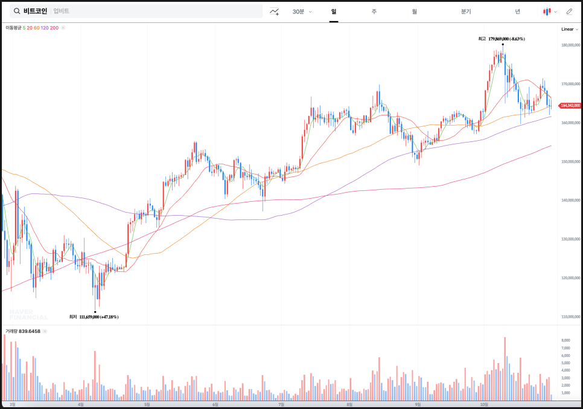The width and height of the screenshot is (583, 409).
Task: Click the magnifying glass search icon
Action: coord(16,11)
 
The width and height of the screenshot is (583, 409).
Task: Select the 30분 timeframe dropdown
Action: coord(301,11)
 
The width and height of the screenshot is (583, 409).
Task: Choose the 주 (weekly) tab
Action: coord(374,11)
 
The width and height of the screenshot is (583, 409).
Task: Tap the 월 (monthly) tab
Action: coord(415,11)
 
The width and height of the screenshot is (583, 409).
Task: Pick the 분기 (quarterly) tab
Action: coord(466,11)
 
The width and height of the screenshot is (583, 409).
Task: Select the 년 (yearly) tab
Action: coord(517,11)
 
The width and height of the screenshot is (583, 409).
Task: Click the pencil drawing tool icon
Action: coord(569,11)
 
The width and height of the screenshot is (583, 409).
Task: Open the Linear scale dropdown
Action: coord(569,29)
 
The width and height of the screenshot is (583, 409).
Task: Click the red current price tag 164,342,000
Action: coord(570,105)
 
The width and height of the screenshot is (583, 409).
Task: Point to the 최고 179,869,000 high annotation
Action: coord(501,39)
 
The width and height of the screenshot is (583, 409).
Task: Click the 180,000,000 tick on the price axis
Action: coord(570,45)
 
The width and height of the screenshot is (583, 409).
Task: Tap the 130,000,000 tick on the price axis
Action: coord(570,239)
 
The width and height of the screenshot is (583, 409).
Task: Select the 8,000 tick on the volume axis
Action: coord(566,340)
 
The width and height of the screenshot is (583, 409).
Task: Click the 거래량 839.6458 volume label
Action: coord(23,331)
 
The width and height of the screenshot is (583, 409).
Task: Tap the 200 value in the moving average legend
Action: coord(54,28)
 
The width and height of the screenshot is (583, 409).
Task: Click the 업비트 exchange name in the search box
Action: coord(61,11)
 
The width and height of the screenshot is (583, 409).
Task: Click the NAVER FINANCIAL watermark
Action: coord(28,314)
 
